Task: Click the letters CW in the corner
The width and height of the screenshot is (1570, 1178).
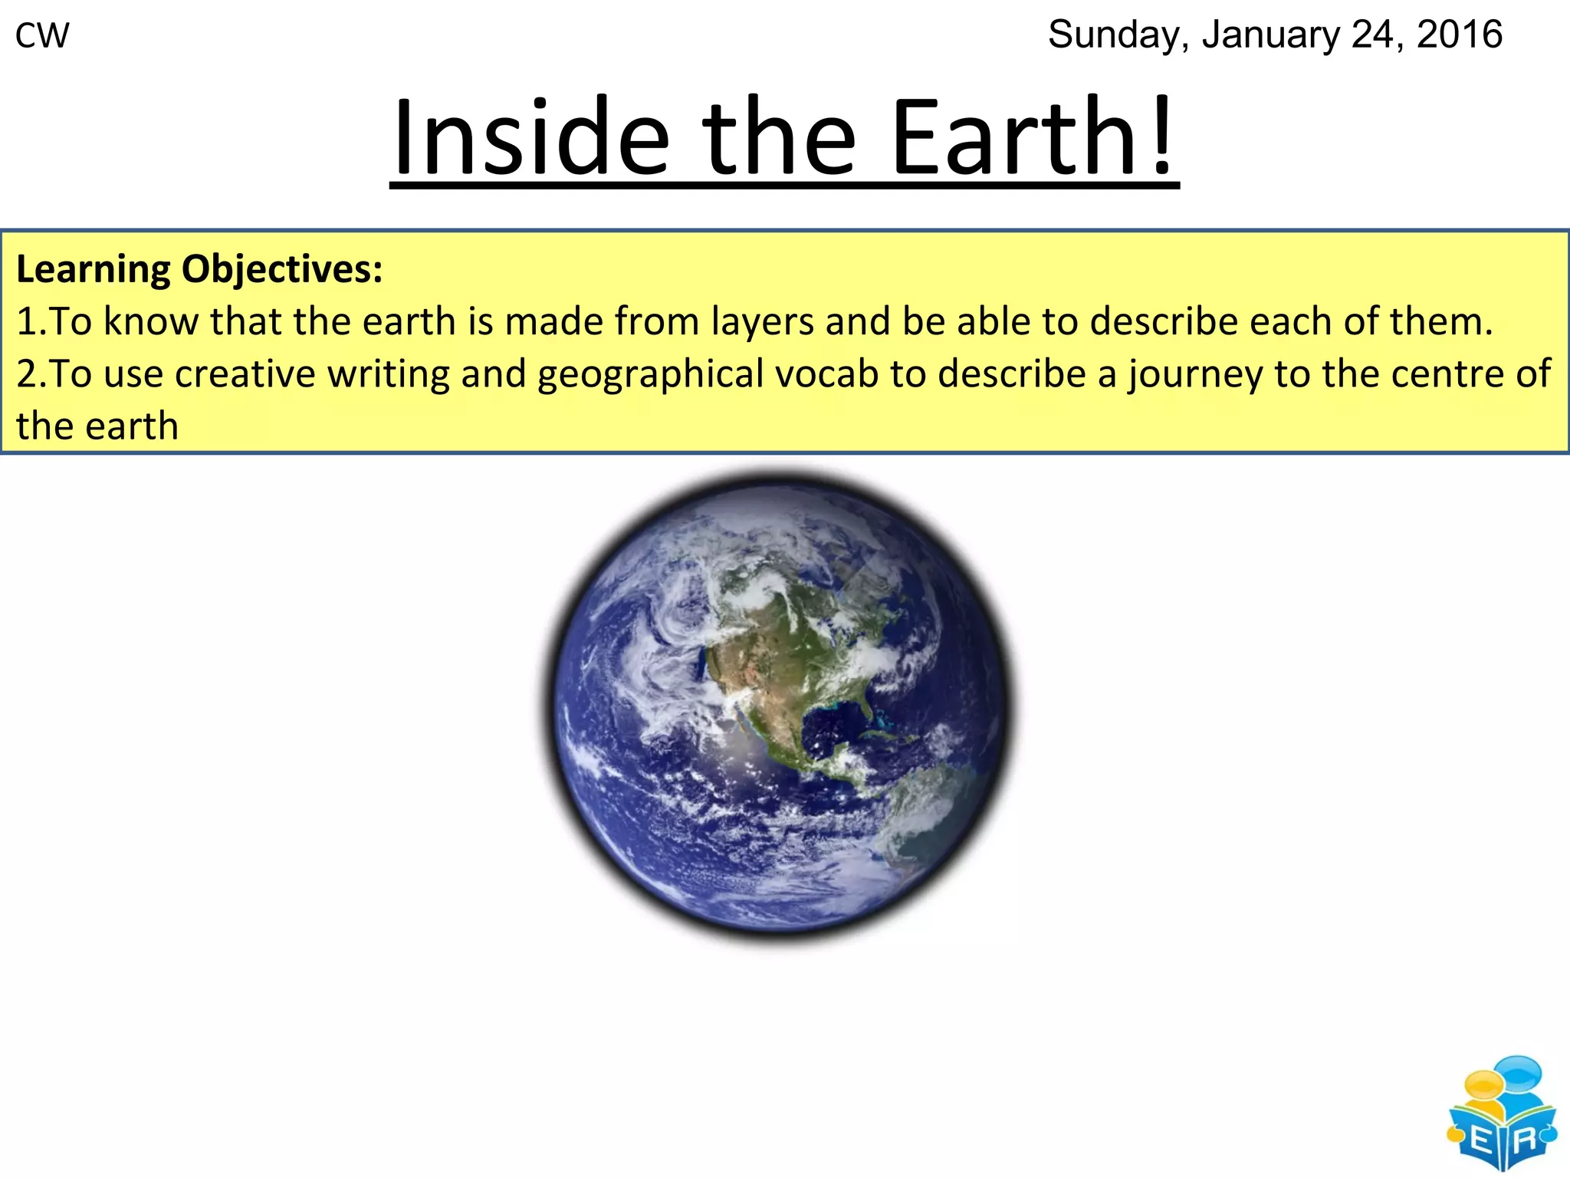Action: coord(42,36)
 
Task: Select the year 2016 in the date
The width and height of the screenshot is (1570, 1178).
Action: coord(1459,35)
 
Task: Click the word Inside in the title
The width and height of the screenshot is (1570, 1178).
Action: coord(531,138)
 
